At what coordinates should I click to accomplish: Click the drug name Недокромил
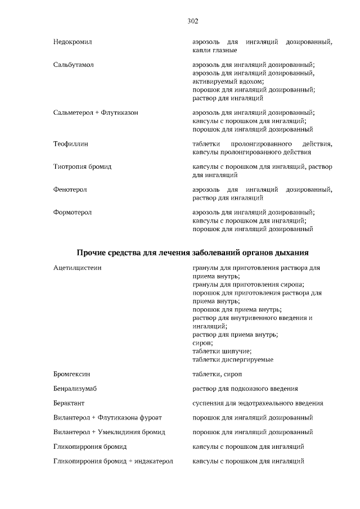pos(73,42)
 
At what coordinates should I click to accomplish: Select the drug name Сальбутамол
pos(73,65)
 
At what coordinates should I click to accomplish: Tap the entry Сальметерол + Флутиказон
pos(96,112)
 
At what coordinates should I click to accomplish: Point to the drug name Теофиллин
pos(71,144)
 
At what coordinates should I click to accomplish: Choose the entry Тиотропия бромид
pos(82,167)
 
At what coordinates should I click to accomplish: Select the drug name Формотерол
pos(73,213)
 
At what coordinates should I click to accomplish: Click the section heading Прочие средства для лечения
pos(192,253)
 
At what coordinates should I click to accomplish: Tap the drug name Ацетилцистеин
pos(78,268)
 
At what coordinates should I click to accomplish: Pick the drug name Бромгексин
pos(72,374)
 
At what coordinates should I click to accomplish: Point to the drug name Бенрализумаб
pos(75,389)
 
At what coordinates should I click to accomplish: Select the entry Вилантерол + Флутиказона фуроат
pos(109,418)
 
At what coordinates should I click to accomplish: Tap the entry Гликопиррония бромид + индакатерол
pos(113,462)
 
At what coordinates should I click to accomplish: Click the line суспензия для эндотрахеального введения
pos(258,403)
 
